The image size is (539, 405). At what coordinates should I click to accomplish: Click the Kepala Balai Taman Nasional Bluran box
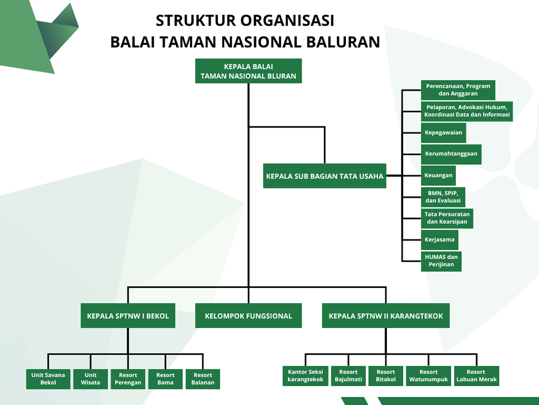pyautogui.click(x=248, y=71)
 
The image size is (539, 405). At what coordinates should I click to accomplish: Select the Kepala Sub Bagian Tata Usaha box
pyautogui.click(x=324, y=176)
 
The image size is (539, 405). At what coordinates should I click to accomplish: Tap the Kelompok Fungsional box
pyautogui.click(x=248, y=316)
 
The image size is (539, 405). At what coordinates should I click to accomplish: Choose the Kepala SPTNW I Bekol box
pyautogui.click(x=128, y=316)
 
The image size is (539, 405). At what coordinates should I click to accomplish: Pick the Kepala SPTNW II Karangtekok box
pyautogui.click(x=386, y=316)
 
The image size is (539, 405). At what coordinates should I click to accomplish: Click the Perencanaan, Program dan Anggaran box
pyautogui.click(x=458, y=90)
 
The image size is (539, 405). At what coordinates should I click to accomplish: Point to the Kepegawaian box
pyautogui.click(x=443, y=133)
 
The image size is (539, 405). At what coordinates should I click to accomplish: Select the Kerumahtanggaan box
pyautogui.click(x=451, y=154)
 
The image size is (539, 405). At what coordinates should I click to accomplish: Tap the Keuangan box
pyautogui.click(x=438, y=175)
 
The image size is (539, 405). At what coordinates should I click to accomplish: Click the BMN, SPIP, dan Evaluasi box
pyautogui.click(x=443, y=197)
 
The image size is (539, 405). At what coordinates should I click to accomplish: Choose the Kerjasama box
pyautogui.click(x=439, y=239)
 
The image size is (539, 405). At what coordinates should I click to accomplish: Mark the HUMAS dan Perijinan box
pyautogui.click(x=441, y=261)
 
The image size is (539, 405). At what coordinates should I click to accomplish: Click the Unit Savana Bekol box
pyautogui.click(x=48, y=379)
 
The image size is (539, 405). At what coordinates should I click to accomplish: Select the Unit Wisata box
pyautogui.click(x=90, y=379)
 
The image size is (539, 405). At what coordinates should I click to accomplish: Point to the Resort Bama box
pyautogui.click(x=165, y=379)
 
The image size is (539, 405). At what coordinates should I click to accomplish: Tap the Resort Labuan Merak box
pyautogui.click(x=476, y=376)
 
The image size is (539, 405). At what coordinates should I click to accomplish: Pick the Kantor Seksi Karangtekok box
pyautogui.click(x=305, y=376)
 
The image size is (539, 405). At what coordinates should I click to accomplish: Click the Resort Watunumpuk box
pyautogui.click(x=428, y=376)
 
